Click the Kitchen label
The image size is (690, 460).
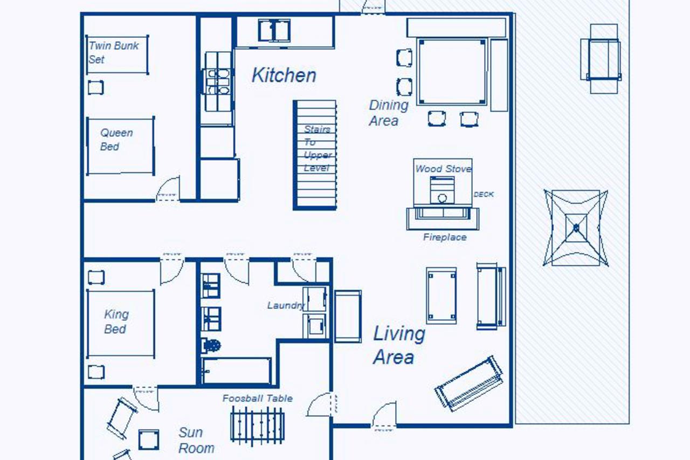pos(284,75)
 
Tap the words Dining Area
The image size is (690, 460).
pos(389,113)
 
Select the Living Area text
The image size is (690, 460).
pos(399,345)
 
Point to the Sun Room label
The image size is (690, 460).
pos(196,440)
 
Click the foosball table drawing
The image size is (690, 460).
pos(258,426)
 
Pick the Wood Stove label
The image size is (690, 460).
pos(443,169)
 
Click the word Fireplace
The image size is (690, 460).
pos(445,237)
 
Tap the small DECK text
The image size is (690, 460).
pos(484,195)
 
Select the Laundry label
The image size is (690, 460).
pos(286,305)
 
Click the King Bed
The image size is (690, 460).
pos(121,324)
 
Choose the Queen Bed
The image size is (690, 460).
pos(121,146)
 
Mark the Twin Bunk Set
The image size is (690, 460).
pos(118,54)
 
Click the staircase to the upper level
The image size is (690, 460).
pos(314,155)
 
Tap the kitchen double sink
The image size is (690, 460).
pos(274,31)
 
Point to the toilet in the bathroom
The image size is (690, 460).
pos(211,345)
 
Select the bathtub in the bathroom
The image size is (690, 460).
pos(237,370)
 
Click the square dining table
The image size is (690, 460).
pos(452,72)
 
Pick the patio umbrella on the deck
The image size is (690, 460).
pos(576,228)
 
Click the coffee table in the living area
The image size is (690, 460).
pos(441,296)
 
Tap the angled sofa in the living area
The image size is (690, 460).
pos(469,384)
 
